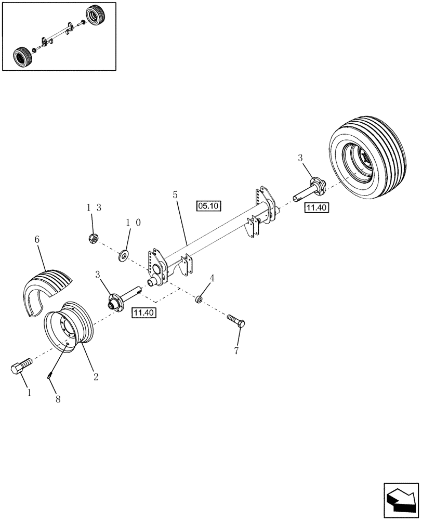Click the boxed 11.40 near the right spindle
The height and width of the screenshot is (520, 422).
point(316,208)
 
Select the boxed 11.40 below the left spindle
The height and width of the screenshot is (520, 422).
point(143,313)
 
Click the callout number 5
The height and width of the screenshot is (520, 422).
point(175,196)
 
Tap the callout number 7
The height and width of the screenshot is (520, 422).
point(236,351)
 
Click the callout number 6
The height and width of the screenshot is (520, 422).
point(37,240)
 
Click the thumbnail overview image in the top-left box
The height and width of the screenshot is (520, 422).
point(59,36)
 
